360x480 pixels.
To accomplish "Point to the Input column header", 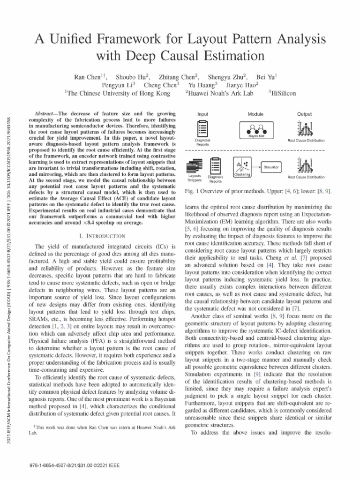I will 203,114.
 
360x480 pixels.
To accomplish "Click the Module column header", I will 255,114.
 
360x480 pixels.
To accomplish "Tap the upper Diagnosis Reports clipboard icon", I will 203,129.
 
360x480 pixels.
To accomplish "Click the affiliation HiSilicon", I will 283,93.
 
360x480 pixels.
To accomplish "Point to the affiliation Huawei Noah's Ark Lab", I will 220,93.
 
